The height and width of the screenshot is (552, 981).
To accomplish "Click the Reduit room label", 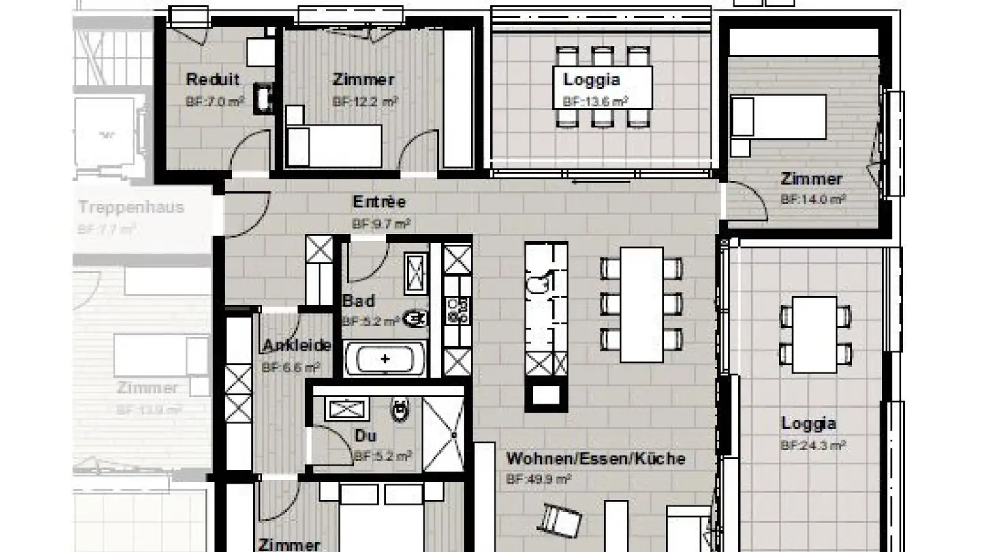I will click(x=213, y=80).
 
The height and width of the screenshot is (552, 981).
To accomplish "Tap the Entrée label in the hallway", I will click(x=379, y=202).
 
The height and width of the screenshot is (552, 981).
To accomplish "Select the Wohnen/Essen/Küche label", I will click(x=595, y=459).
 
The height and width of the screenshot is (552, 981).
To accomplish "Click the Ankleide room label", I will click(x=297, y=346).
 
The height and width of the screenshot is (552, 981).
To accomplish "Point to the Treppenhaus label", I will click(x=131, y=207).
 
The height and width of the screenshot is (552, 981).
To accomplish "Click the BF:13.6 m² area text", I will click(x=595, y=102).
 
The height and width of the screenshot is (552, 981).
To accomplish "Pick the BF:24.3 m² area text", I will click(x=813, y=446).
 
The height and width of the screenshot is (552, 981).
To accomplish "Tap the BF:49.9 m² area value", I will click(x=538, y=479).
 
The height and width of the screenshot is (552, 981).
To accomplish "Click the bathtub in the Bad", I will click(x=386, y=359).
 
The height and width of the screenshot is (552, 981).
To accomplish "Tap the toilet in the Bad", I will click(x=415, y=318).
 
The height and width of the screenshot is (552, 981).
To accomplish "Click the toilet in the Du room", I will click(x=399, y=410).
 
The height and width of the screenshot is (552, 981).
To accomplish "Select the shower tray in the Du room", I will click(x=443, y=433).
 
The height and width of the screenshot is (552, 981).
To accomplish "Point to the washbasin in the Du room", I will click(x=348, y=409).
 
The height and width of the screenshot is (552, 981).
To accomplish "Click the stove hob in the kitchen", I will click(x=457, y=311).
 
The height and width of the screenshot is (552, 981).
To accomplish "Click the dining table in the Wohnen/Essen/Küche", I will click(x=641, y=304).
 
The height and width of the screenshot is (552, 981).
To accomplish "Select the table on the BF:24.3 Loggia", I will click(x=814, y=335).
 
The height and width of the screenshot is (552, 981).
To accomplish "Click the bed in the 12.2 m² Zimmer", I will click(x=333, y=145).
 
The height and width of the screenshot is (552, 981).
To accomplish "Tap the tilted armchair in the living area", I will click(x=561, y=520).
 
